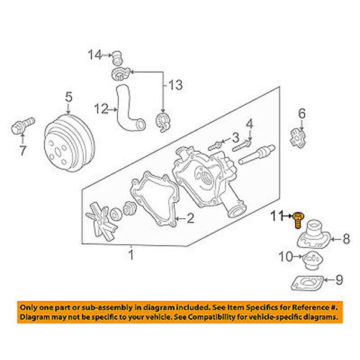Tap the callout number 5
pos(69,96)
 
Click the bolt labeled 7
pos(22,125)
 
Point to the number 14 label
pos(95,55)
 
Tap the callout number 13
pos(176,85)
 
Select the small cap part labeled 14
pos(117,58)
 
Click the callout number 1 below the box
pos(131,255)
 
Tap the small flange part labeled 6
pos(298,138)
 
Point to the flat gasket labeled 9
pos(307,283)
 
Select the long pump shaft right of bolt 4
pos(256,155)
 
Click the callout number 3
pos(235,138)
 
